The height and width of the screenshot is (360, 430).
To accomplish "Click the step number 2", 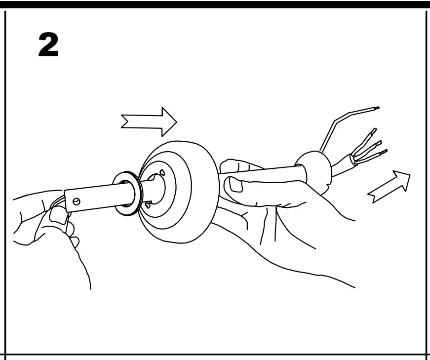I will (48, 46).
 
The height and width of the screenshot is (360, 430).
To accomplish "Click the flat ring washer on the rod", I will (127, 194).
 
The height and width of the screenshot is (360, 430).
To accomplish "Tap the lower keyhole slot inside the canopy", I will (148, 204).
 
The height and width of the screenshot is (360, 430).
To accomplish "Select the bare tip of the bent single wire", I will (376, 108).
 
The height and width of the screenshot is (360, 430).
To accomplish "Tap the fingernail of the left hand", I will (58, 215).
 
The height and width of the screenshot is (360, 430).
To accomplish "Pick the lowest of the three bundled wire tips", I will (383, 151).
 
